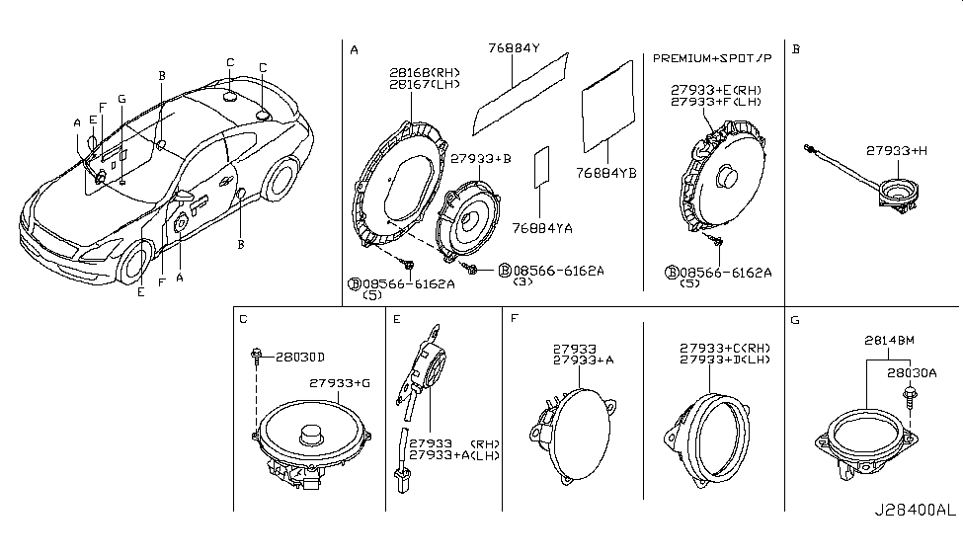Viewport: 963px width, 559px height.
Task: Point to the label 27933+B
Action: [481, 158]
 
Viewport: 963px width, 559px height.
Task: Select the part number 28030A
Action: [911, 372]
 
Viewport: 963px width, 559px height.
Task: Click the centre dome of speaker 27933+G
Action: [313, 433]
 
